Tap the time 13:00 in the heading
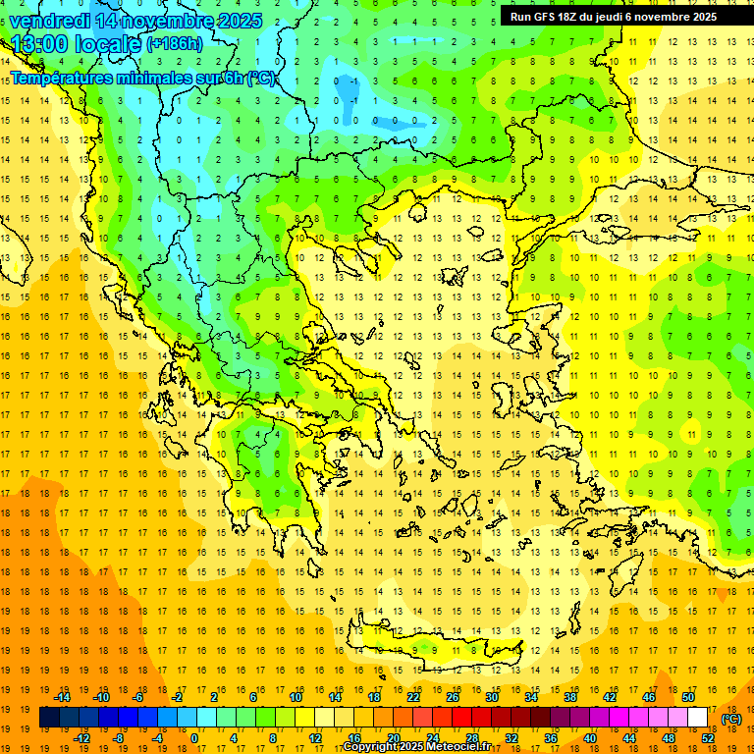coord(38,44)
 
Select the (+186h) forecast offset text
coord(175,44)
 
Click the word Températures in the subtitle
coord(60,78)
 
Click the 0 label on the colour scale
coord(193,738)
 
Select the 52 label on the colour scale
coord(708,738)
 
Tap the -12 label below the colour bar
coord(81,738)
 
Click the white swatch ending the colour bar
coord(698,718)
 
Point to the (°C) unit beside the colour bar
coord(731,719)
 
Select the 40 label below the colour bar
coord(589,738)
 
